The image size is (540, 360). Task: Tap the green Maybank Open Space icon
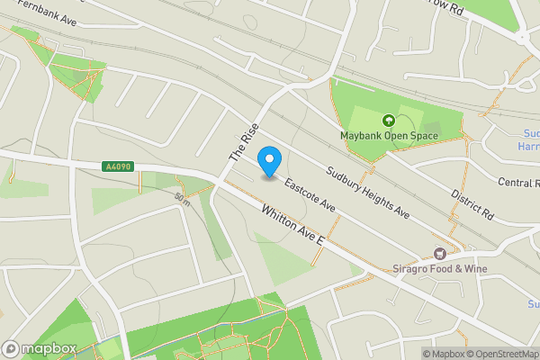[389, 121]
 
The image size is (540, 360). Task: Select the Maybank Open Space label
[389, 136]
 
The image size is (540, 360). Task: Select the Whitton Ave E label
[292, 228]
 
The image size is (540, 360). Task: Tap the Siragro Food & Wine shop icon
[440, 255]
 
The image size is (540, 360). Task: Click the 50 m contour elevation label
[183, 197]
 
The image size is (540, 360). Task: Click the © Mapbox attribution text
[443, 354]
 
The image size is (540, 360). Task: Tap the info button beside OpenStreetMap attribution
[427, 354]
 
